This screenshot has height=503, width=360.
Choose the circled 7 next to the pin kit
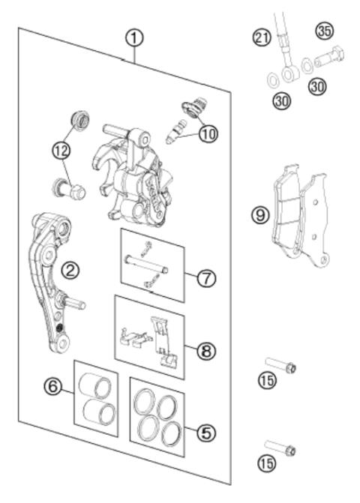click(x=205, y=278)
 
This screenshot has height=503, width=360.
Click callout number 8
click(x=205, y=349)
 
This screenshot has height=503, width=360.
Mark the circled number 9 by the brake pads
click(x=260, y=216)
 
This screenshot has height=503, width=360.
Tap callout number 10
click(x=207, y=134)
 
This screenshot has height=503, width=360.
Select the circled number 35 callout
click(x=324, y=31)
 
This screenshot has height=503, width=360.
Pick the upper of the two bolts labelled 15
click(x=280, y=367)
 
